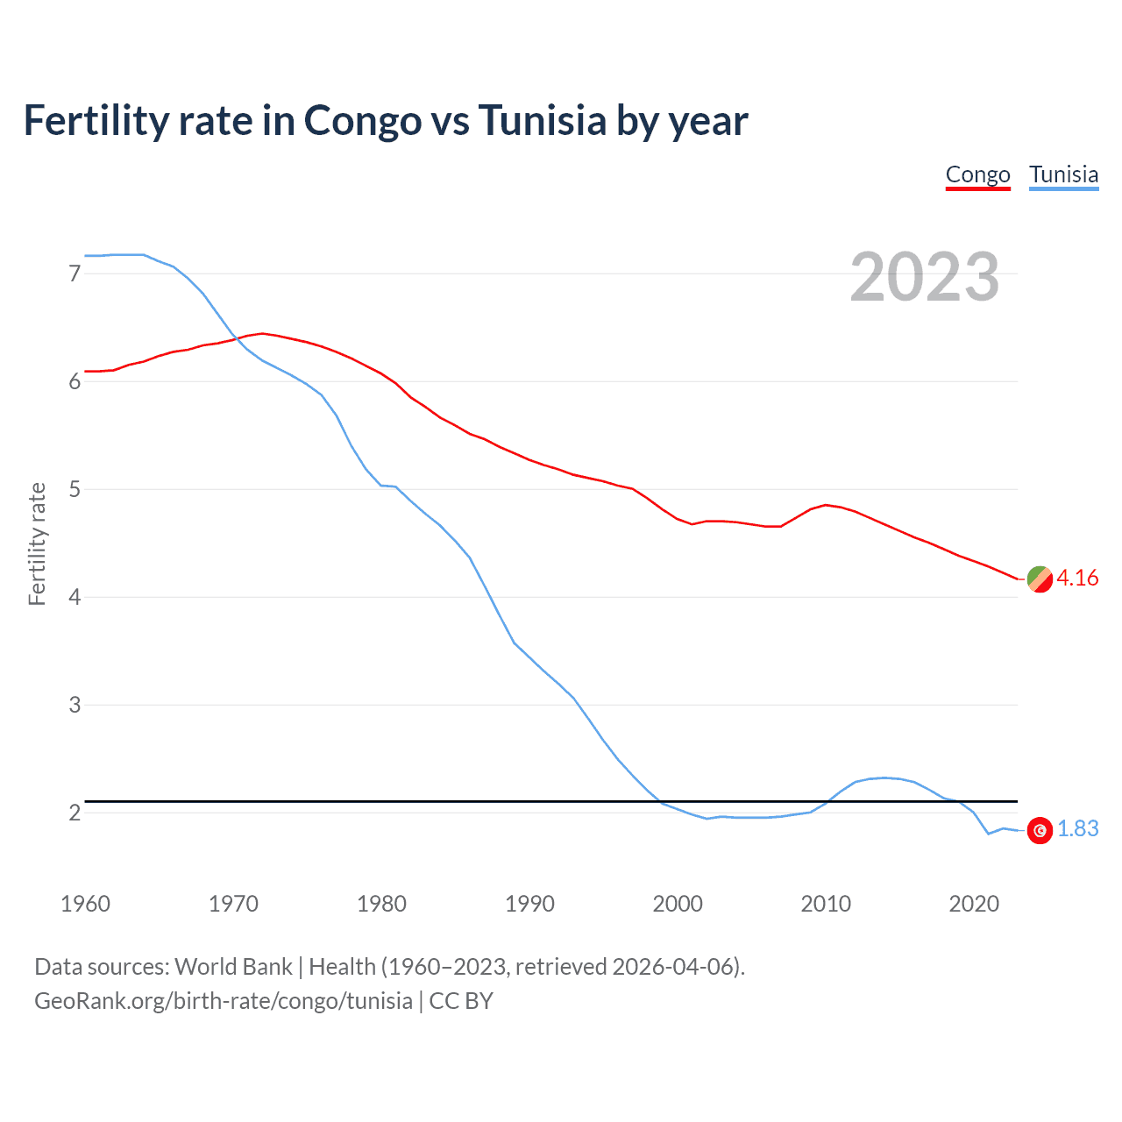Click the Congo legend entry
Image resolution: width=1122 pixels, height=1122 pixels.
tap(977, 174)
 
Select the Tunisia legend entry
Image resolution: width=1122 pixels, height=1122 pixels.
tap(1063, 174)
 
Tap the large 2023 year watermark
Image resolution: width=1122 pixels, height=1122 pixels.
tap(924, 277)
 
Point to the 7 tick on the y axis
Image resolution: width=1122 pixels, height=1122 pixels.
tap(75, 273)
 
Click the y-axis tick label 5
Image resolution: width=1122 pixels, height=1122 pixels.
tap(75, 489)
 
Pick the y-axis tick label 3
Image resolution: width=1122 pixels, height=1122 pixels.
tap(75, 705)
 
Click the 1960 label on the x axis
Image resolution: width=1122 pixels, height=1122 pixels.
tap(85, 904)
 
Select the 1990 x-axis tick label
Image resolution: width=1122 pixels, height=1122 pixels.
tap(529, 904)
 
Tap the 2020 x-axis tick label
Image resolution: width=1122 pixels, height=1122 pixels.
tap(974, 904)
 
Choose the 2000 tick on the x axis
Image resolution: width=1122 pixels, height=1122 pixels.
tap(678, 904)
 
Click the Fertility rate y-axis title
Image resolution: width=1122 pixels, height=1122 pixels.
tap(37, 543)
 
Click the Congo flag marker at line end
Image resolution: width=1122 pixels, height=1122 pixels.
tap(1040, 579)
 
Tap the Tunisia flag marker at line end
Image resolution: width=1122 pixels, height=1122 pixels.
tap(1040, 830)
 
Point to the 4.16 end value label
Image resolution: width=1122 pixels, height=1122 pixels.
tap(1077, 578)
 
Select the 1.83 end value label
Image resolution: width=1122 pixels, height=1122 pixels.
tap(1077, 828)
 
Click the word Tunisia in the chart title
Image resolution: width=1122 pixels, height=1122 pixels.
tap(542, 120)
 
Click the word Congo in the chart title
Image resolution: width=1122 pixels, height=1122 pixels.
tap(362, 120)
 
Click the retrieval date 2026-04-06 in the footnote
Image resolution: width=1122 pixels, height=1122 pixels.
tap(672, 967)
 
